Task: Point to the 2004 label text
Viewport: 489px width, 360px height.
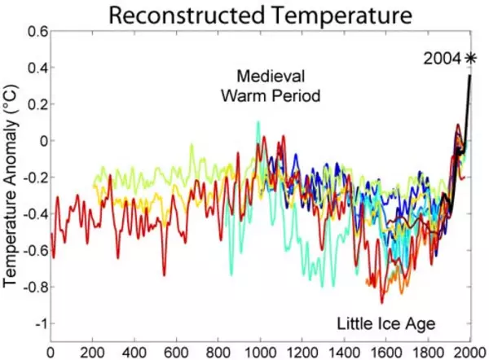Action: pos(441,58)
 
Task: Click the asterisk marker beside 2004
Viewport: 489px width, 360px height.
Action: pos(470,57)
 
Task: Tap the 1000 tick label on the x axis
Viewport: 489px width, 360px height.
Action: pos(260,352)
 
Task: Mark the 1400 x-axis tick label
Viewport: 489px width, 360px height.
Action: pos(344,352)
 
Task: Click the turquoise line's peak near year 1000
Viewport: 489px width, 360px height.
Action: pos(258,122)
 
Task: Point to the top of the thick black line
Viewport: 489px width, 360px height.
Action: pos(470,76)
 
